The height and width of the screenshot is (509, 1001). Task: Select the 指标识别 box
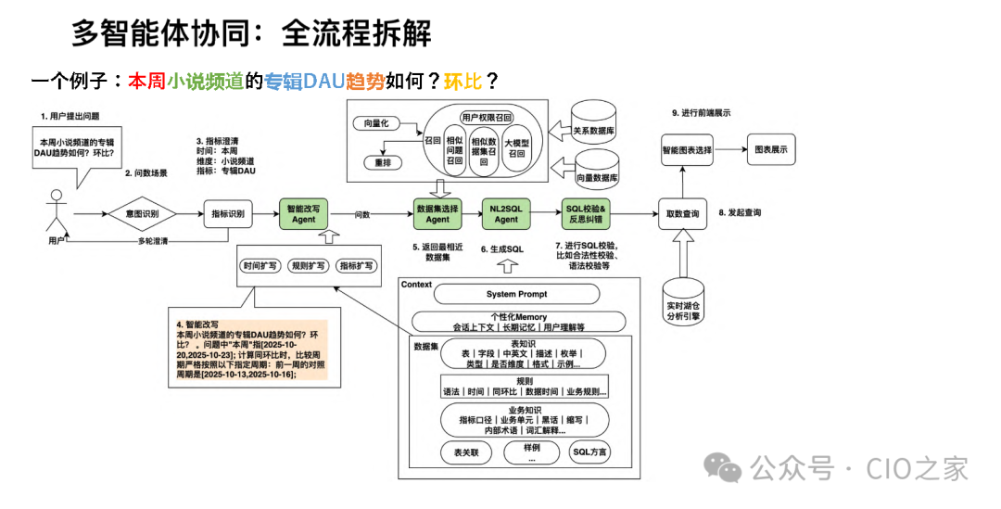click(x=228, y=214)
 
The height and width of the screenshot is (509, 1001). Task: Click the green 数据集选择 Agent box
click(x=438, y=214)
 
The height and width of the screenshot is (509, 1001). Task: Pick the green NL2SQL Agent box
click(x=506, y=214)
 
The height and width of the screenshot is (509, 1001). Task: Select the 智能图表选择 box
click(x=687, y=148)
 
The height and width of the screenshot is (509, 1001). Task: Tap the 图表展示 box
click(x=771, y=148)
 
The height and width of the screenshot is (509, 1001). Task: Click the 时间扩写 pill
click(x=259, y=265)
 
